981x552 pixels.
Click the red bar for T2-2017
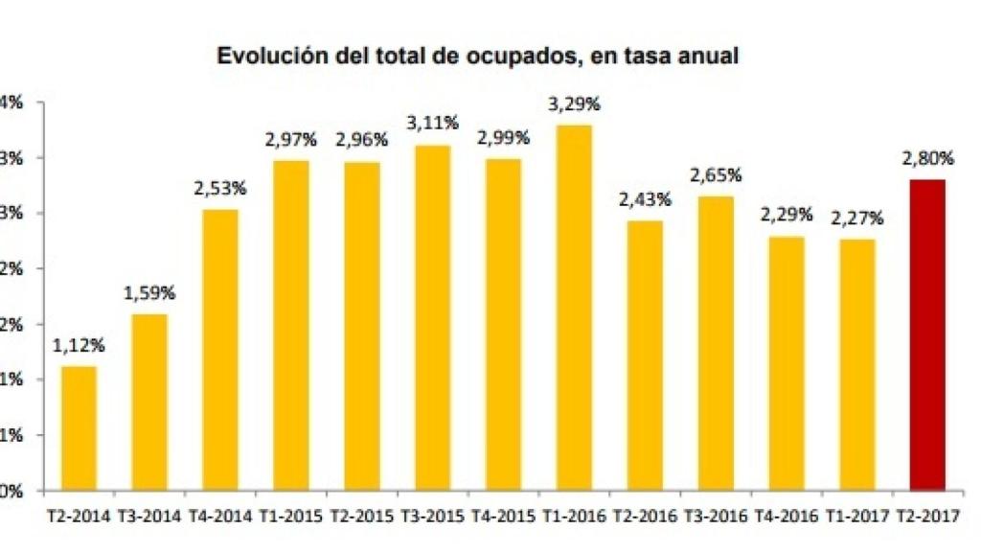[x=926, y=335]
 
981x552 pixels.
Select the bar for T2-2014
[x=79, y=428]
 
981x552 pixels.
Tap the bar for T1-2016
[x=574, y=308]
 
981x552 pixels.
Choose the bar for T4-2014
[x=220, y=350]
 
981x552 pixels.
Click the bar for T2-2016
[x=645, y=356]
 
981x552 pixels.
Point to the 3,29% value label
[x=574, y=104]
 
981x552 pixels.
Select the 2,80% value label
[x=926, y=159]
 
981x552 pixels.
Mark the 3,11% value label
[x=432, y=124]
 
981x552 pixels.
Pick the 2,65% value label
[x=716, y=175]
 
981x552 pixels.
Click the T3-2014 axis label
[x=149, y=516]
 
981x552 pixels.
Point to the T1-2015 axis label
[x=291, y=516]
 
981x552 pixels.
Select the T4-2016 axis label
[x=787, y=516]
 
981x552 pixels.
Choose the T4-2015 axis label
[x=503, y=516]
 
